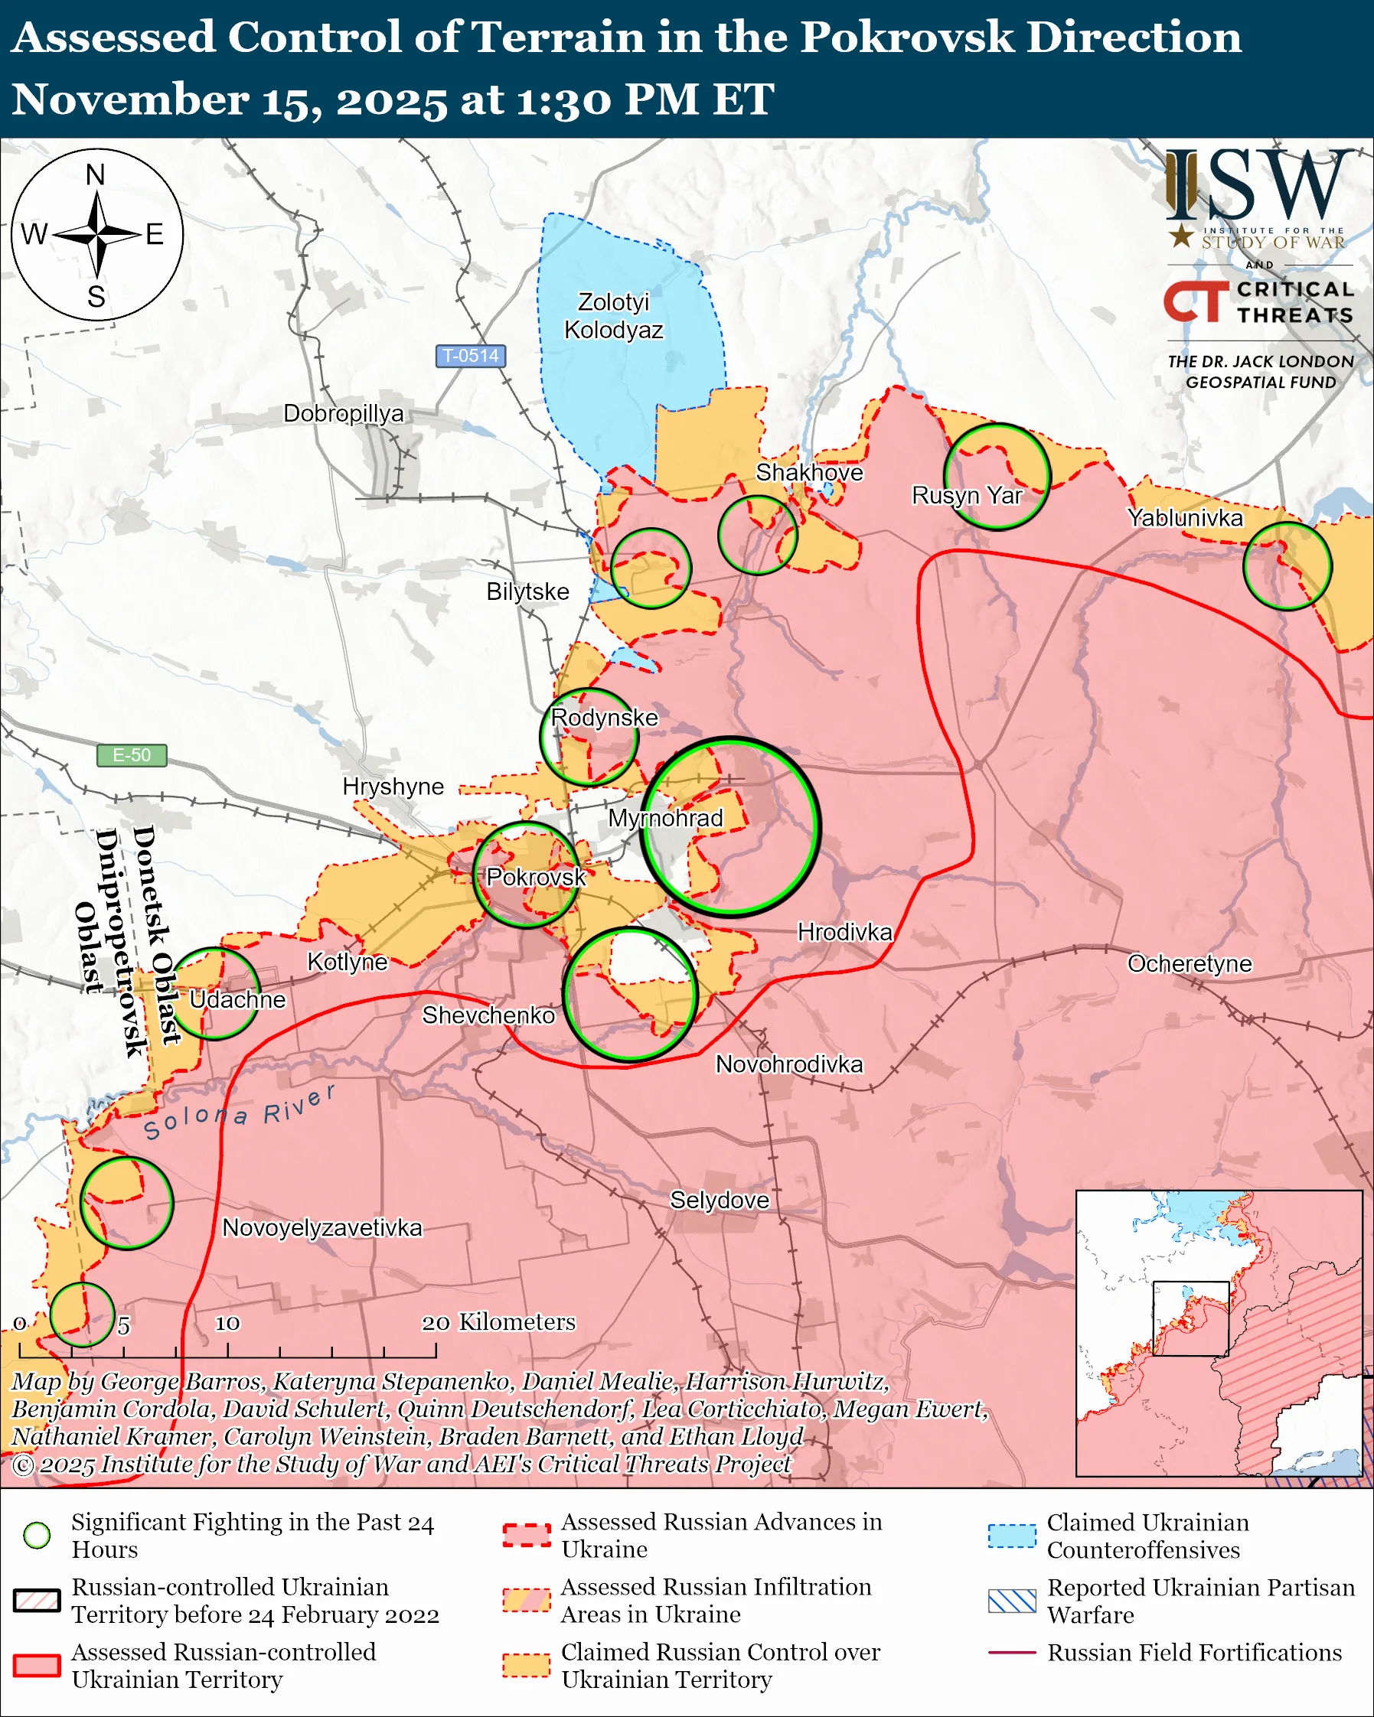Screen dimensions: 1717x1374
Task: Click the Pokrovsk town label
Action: (536, 877)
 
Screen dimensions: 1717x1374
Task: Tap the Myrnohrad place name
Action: (665, 818)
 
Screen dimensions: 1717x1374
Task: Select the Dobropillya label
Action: (343, 413)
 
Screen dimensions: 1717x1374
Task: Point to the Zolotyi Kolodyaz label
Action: (613, 315)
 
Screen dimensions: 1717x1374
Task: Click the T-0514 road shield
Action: (471, 355)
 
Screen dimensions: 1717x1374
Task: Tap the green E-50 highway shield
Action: (132, 754)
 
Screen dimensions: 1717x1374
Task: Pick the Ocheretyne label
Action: (1190, 963)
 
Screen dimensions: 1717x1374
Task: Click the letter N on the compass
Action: (96, 174)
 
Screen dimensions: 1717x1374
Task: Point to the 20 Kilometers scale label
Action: (498, 1322)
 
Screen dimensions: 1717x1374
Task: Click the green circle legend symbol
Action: (37, 1535)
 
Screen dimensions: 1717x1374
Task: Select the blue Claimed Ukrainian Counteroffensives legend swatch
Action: (1012, 1536)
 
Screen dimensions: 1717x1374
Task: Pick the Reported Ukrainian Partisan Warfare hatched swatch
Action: (1012, 1601)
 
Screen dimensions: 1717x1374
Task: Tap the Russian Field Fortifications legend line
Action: (1012, 1653)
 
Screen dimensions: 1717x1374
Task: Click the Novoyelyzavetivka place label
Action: (321, 1227)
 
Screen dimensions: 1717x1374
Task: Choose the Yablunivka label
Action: (1184, 518)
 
